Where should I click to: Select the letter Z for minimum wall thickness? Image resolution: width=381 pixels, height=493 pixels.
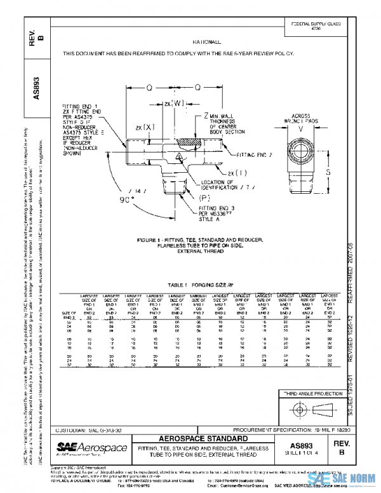click(x=206, y=116)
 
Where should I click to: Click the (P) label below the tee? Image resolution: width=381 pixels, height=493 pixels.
click(x=213, y=197)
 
